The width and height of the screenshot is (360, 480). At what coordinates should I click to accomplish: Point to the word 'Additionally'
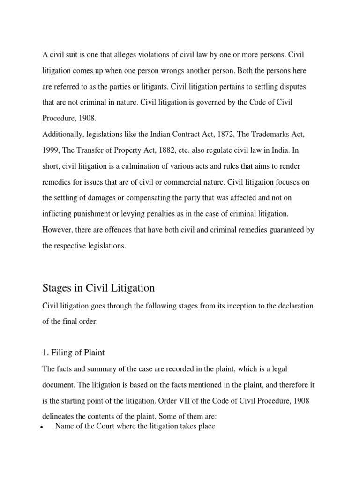(x=62, y=135)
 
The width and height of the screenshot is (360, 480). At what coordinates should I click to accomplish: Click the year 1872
(x=226, y=135)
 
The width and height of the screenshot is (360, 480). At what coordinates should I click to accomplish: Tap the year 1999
(x=51, y=150)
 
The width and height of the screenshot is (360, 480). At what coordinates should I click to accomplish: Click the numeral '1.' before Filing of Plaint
(x=46, y=352)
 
